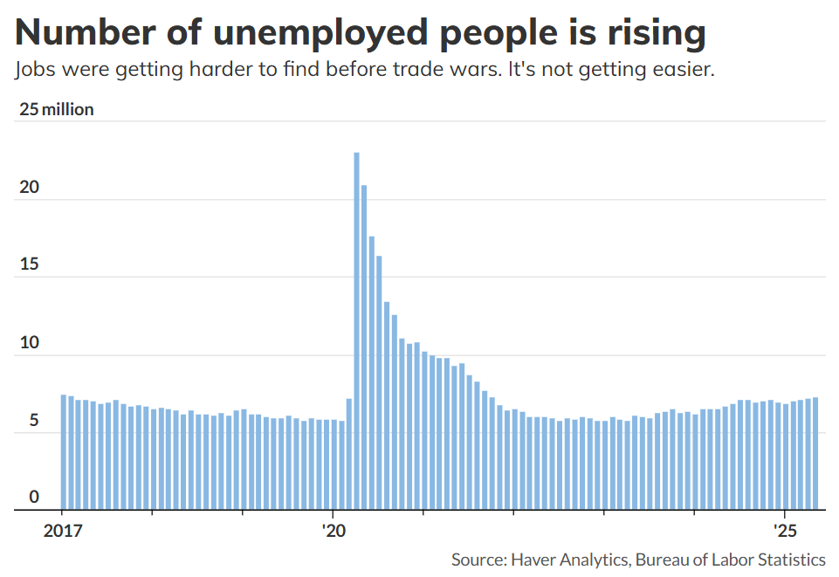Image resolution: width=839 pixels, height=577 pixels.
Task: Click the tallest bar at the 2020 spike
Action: pyautogui.click(x=356, y=332)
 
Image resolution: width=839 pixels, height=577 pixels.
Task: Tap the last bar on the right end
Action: pyautogui.click(x=815, y=454)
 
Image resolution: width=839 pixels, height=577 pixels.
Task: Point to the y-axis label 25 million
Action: pyautogui.click(x=56, y=110)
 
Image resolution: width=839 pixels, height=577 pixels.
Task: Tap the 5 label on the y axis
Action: pyautogui.click(x=33, y=421)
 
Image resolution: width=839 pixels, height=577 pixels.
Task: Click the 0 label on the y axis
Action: pyautogui.click(x=33, y=498)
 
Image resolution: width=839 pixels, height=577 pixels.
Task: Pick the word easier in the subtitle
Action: pyautogui.click(x=683, y=70)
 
